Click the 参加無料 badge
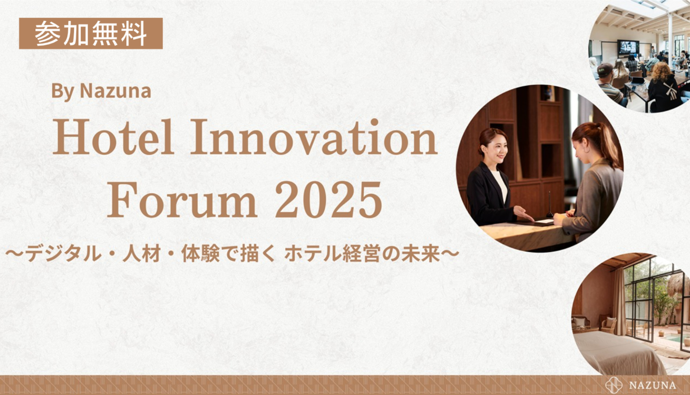91,33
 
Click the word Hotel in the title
113,137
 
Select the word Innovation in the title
314,137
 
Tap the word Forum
182,200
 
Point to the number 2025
328,200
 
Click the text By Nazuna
101,91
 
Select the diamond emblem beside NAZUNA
614,385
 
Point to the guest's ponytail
604,142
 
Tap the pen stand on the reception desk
549,205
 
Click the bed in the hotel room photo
613,352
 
